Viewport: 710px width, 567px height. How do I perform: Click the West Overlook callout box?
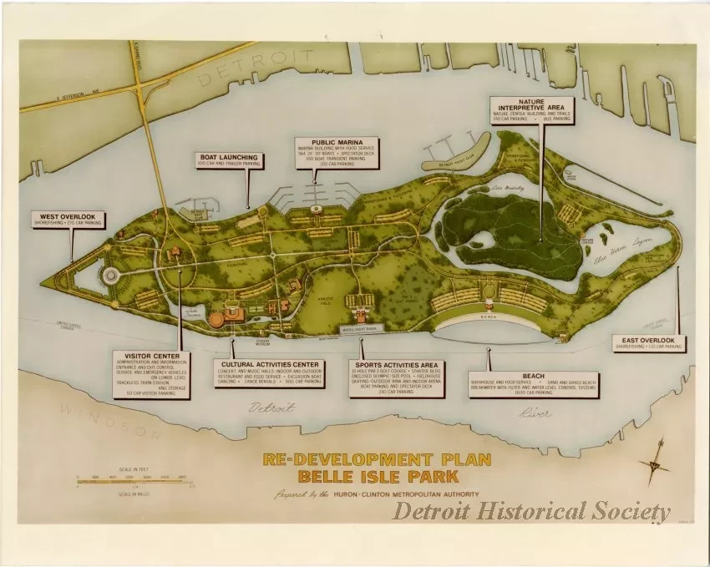coord(68,220)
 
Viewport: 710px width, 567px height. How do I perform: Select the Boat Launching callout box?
coord(229,159)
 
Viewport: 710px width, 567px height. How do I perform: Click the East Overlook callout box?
coord(649,343)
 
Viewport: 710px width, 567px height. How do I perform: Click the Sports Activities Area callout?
coord(396,378)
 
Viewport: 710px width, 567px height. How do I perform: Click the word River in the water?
coord(535,413)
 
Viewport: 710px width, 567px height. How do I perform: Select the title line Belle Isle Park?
coord(377,478)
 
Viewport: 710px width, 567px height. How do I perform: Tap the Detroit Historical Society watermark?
coord(532,511)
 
